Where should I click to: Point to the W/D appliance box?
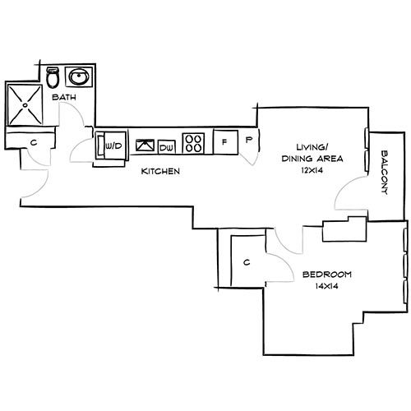tap(113, 146)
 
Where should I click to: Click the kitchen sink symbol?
tap(145, 145)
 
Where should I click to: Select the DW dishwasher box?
tap(166, 146)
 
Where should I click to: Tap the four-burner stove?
tap(194, 143)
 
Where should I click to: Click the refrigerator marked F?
tap(224, 141)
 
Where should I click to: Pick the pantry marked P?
tap(249, 141)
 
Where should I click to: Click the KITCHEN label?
tap(160, 172)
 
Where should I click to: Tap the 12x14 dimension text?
tap(312, 170)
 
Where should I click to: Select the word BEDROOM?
tap(326, 275)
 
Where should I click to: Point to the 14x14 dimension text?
tap(327, 287)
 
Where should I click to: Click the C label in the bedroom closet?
tap(247, 263)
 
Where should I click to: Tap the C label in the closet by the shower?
tap(33, 143)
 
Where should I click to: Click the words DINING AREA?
tap(312, 158)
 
